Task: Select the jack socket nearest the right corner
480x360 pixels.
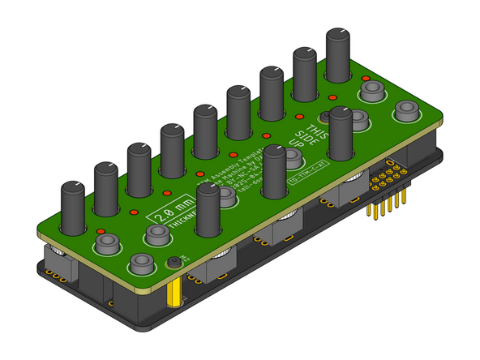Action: point(405,110)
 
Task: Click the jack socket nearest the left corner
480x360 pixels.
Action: point(103,242)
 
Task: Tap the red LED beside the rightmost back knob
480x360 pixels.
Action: point(366,79)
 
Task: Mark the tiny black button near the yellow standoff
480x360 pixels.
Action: point(174,262)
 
